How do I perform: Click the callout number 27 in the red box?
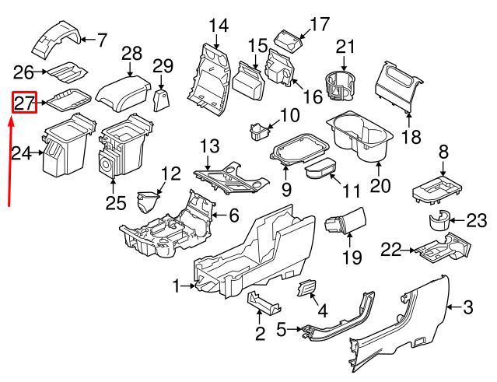24,102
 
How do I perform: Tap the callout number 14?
219,25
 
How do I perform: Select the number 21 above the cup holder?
345,47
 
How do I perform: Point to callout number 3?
468,307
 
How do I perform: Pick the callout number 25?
116,203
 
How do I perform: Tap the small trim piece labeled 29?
162,100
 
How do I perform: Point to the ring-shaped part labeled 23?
439,220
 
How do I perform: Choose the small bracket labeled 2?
261,303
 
